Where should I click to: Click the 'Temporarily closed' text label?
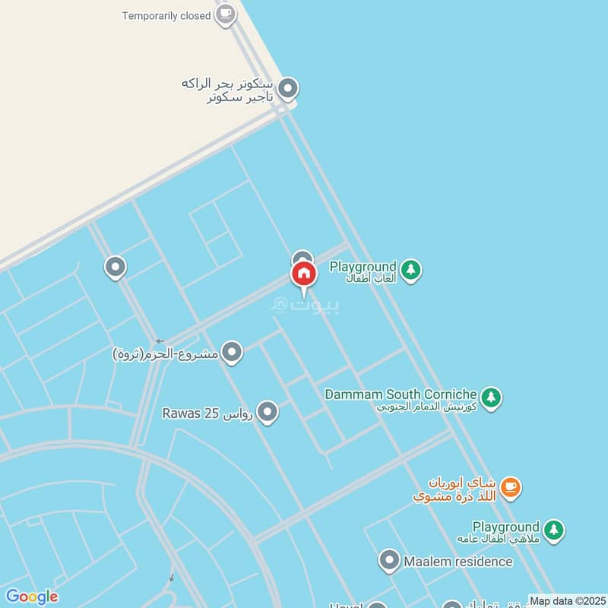166,15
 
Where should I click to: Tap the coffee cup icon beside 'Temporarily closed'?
225,14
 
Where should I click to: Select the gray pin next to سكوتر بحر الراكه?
287,90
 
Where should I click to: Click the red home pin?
304,274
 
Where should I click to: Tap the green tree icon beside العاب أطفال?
411,270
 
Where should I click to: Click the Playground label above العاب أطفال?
363,267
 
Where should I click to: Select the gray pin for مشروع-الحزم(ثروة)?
232,352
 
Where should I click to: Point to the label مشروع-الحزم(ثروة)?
166,353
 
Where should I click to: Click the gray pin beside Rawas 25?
267,413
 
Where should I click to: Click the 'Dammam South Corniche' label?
401,394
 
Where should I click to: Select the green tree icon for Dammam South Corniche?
491,397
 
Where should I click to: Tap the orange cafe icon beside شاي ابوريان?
510,487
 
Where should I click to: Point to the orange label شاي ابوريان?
454,489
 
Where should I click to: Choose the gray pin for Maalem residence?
389,561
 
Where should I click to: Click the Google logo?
31,597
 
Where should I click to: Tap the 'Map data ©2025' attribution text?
568,600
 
